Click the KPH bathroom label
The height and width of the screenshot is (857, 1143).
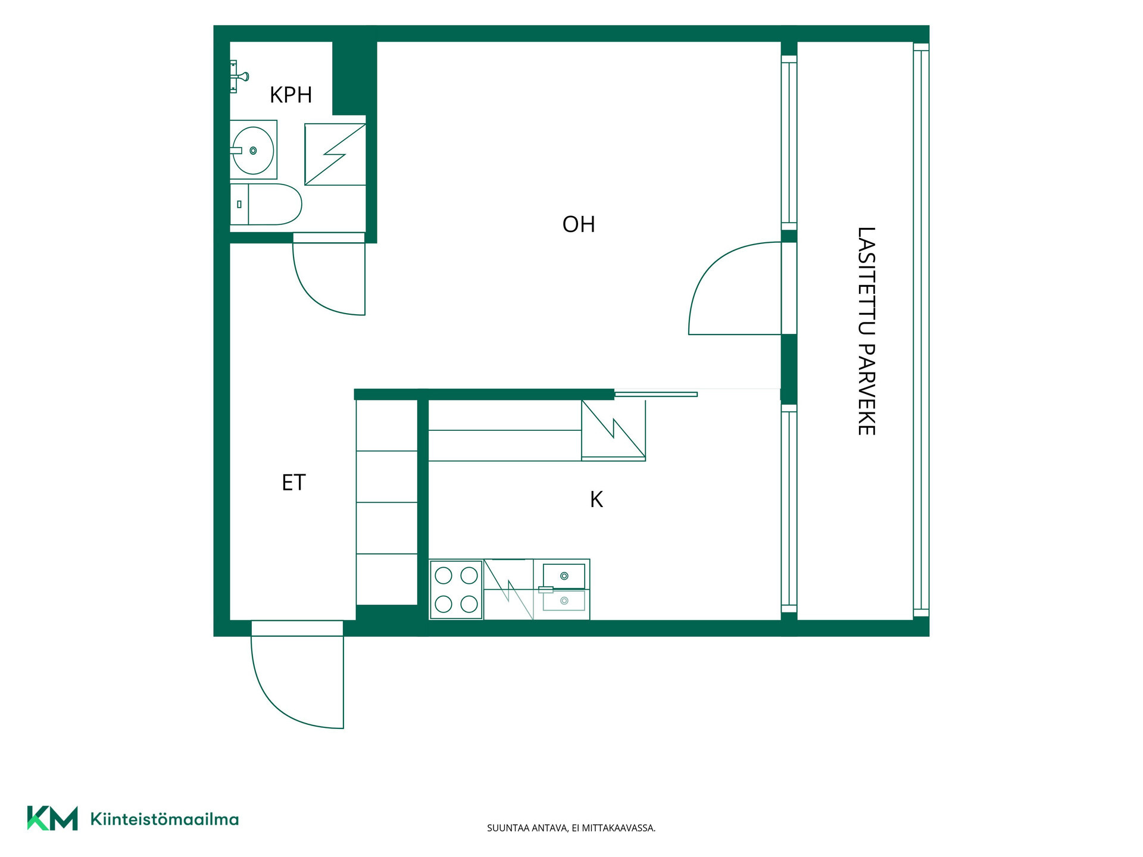click(x=291, y=95)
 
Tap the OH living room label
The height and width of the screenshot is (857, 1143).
click(x=579, y=224)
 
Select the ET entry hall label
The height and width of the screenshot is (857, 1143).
click(x=293, y=483)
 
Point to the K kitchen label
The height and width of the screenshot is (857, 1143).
click(x=597, y=500)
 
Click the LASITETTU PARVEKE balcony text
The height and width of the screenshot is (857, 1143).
click(x=866, y=331)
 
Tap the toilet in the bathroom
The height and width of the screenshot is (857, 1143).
click(x=266, y=204)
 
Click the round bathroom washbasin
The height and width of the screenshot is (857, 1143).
click(x=253, y=151)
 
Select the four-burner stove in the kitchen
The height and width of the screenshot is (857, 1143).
click(x=456, y=589)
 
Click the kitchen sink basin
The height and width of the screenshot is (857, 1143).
click(x=564, y=576)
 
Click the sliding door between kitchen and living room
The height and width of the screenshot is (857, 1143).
click(x=655, y=394)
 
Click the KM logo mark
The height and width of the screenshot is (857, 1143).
click(x=52, y=818)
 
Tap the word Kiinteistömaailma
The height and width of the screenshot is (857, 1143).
click(x=164, y=819)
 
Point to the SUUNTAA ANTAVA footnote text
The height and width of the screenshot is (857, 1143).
click(x=571, y=828)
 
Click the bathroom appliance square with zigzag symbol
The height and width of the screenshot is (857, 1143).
click(x=335, y=154)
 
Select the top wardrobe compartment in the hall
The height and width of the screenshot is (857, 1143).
click(x=387, y=425)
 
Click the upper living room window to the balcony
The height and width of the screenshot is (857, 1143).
click(x=789, y=142)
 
